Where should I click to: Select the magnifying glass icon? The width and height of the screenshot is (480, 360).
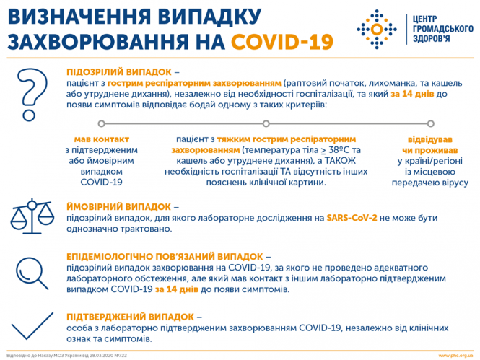click(x=33, y=272)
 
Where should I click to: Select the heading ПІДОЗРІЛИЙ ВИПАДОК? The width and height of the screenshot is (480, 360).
click(x=119, y=72)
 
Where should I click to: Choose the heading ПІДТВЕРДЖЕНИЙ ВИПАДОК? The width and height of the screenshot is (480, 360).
click(x=129, y=316)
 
